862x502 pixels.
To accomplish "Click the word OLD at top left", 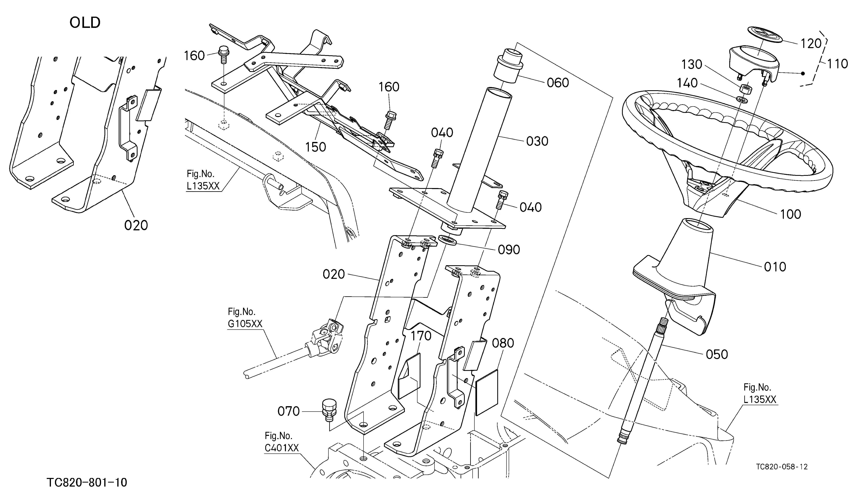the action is click(85, 23).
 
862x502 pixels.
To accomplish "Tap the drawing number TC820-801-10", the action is click(87, 483).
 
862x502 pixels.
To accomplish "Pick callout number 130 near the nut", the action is click(692, 64).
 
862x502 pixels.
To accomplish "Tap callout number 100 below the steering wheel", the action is click(790, 214).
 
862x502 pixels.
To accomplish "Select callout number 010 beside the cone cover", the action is click(775, 267).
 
